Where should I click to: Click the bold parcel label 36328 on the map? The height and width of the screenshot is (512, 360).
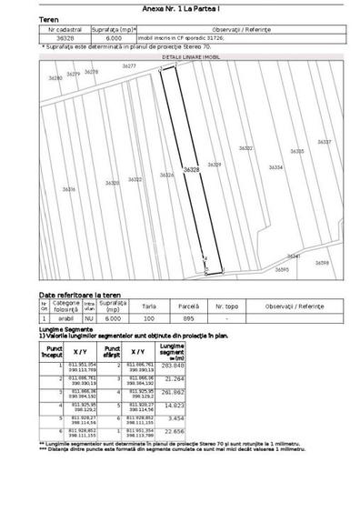[x=190, y=170]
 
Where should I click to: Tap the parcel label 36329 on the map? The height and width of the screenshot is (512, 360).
[x=215, y=165]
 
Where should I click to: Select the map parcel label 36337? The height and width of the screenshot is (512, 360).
[x=324, y=143]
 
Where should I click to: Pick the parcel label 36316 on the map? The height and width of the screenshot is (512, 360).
[x=68, y=189]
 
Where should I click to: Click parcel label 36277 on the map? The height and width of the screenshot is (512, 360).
[x=129, y=67]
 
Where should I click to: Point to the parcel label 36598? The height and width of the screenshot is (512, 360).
[x=322, y=263]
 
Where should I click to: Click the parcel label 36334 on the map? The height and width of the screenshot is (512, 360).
[x=275, y=167]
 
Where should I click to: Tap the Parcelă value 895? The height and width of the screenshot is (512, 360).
[x=189, y=319]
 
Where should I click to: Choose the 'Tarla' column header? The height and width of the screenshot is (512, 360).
[x=148, y=306]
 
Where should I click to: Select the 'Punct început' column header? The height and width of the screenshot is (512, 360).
[x=55, y=349]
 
